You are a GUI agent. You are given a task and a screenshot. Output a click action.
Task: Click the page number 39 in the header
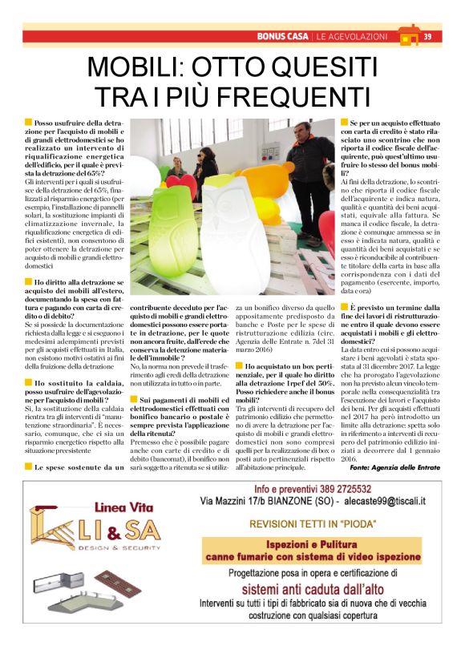(427, 36)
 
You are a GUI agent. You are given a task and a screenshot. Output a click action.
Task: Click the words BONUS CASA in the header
(284, 36)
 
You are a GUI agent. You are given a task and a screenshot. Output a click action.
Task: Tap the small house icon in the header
(408, 35)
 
